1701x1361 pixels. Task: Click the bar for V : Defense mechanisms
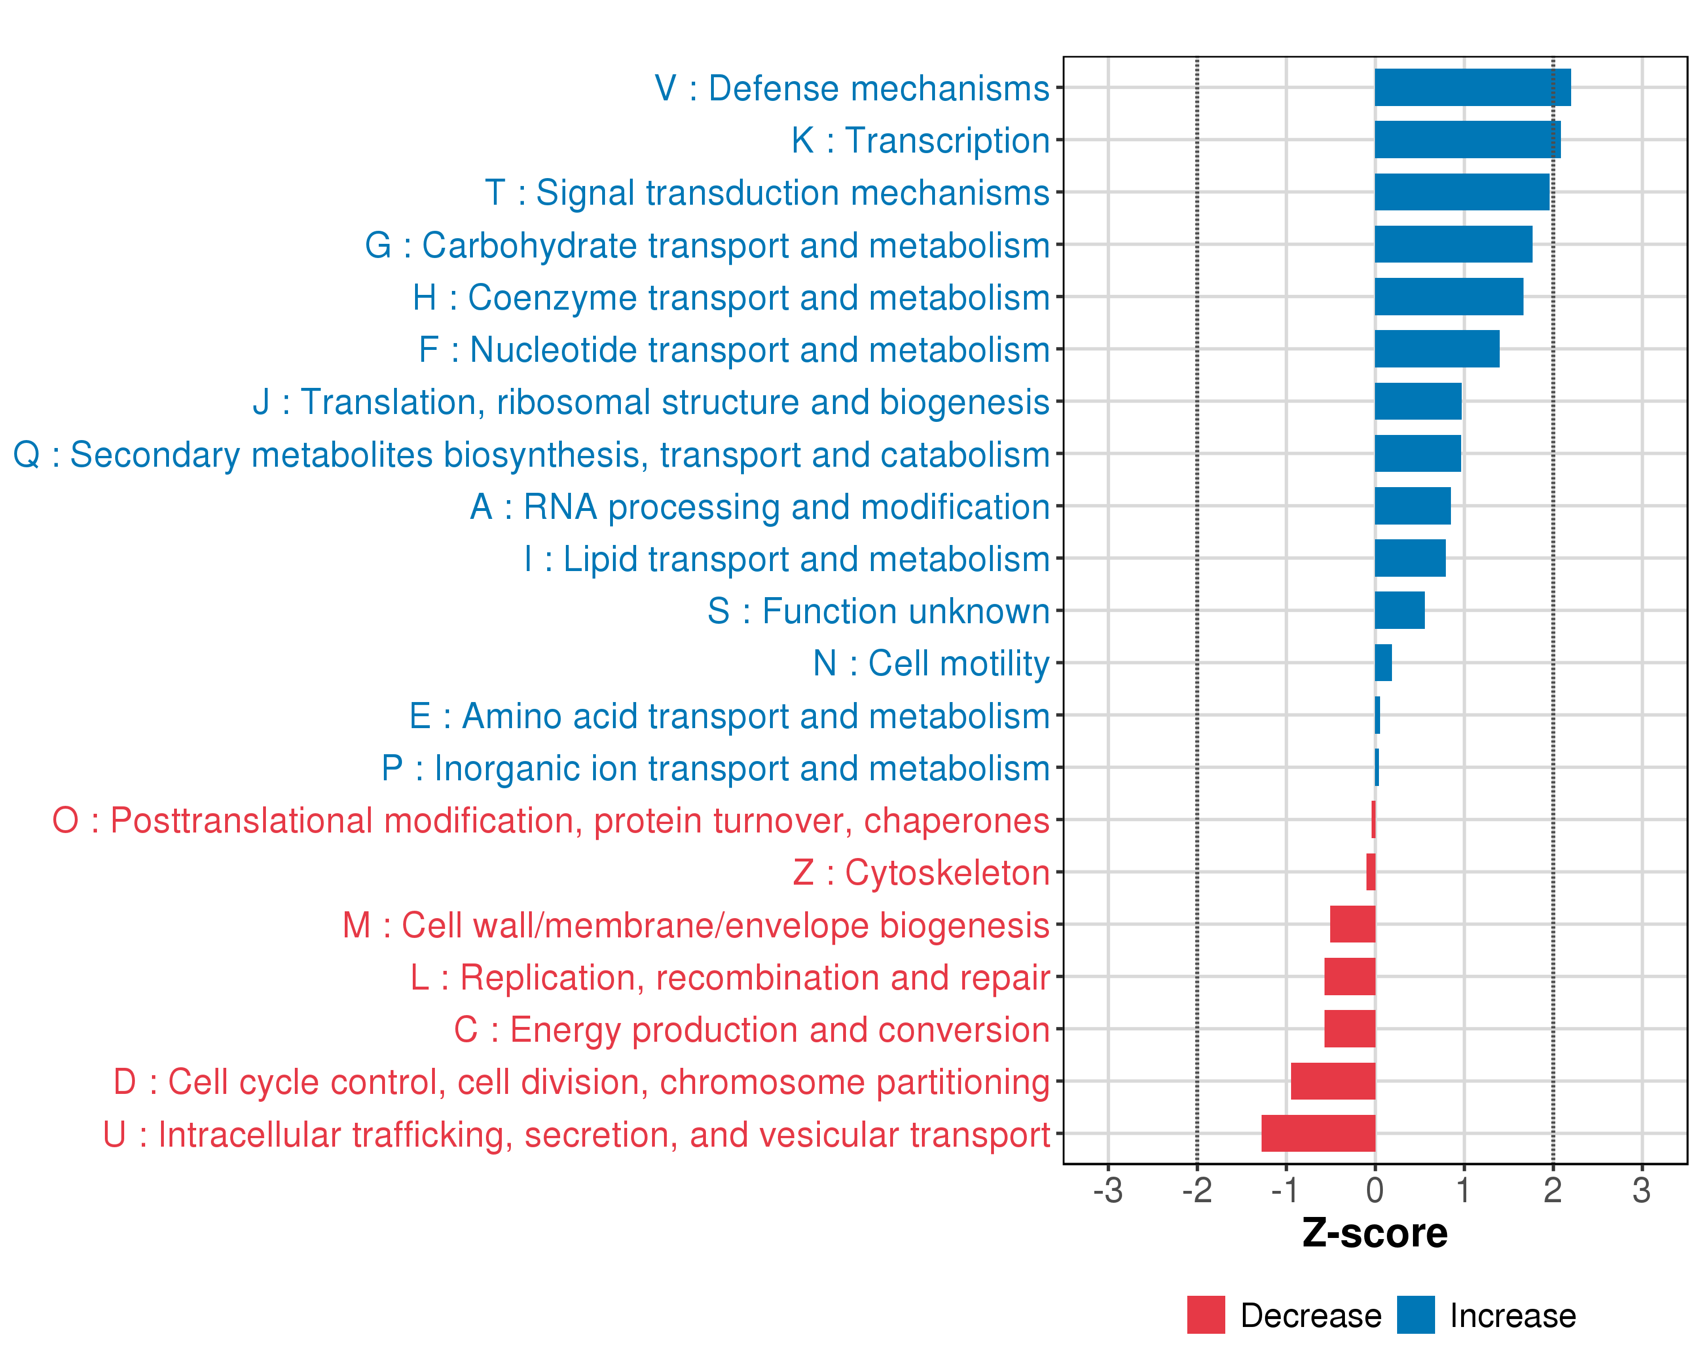coord(1472,87)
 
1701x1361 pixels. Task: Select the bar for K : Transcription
coord(1467,140)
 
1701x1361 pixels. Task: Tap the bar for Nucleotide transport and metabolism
coord(1437,349)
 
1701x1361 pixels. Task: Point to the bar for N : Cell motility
coord(1383,663)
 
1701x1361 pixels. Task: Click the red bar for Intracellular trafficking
coord(1318,1133)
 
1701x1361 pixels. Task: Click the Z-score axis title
coord(1374,1233)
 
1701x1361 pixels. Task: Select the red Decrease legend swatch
coord(1205,1314)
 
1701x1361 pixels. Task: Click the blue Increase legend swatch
coord(1415,1314)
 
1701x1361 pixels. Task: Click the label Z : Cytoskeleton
coord(921,873)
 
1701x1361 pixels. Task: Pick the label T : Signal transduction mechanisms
coord(767,192)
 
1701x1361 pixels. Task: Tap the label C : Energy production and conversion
coord(751,1030)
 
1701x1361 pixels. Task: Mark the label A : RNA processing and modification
coord(760,506)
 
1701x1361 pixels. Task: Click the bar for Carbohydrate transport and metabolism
coord(1453,244)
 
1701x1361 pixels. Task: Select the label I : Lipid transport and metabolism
coord(786,559)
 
